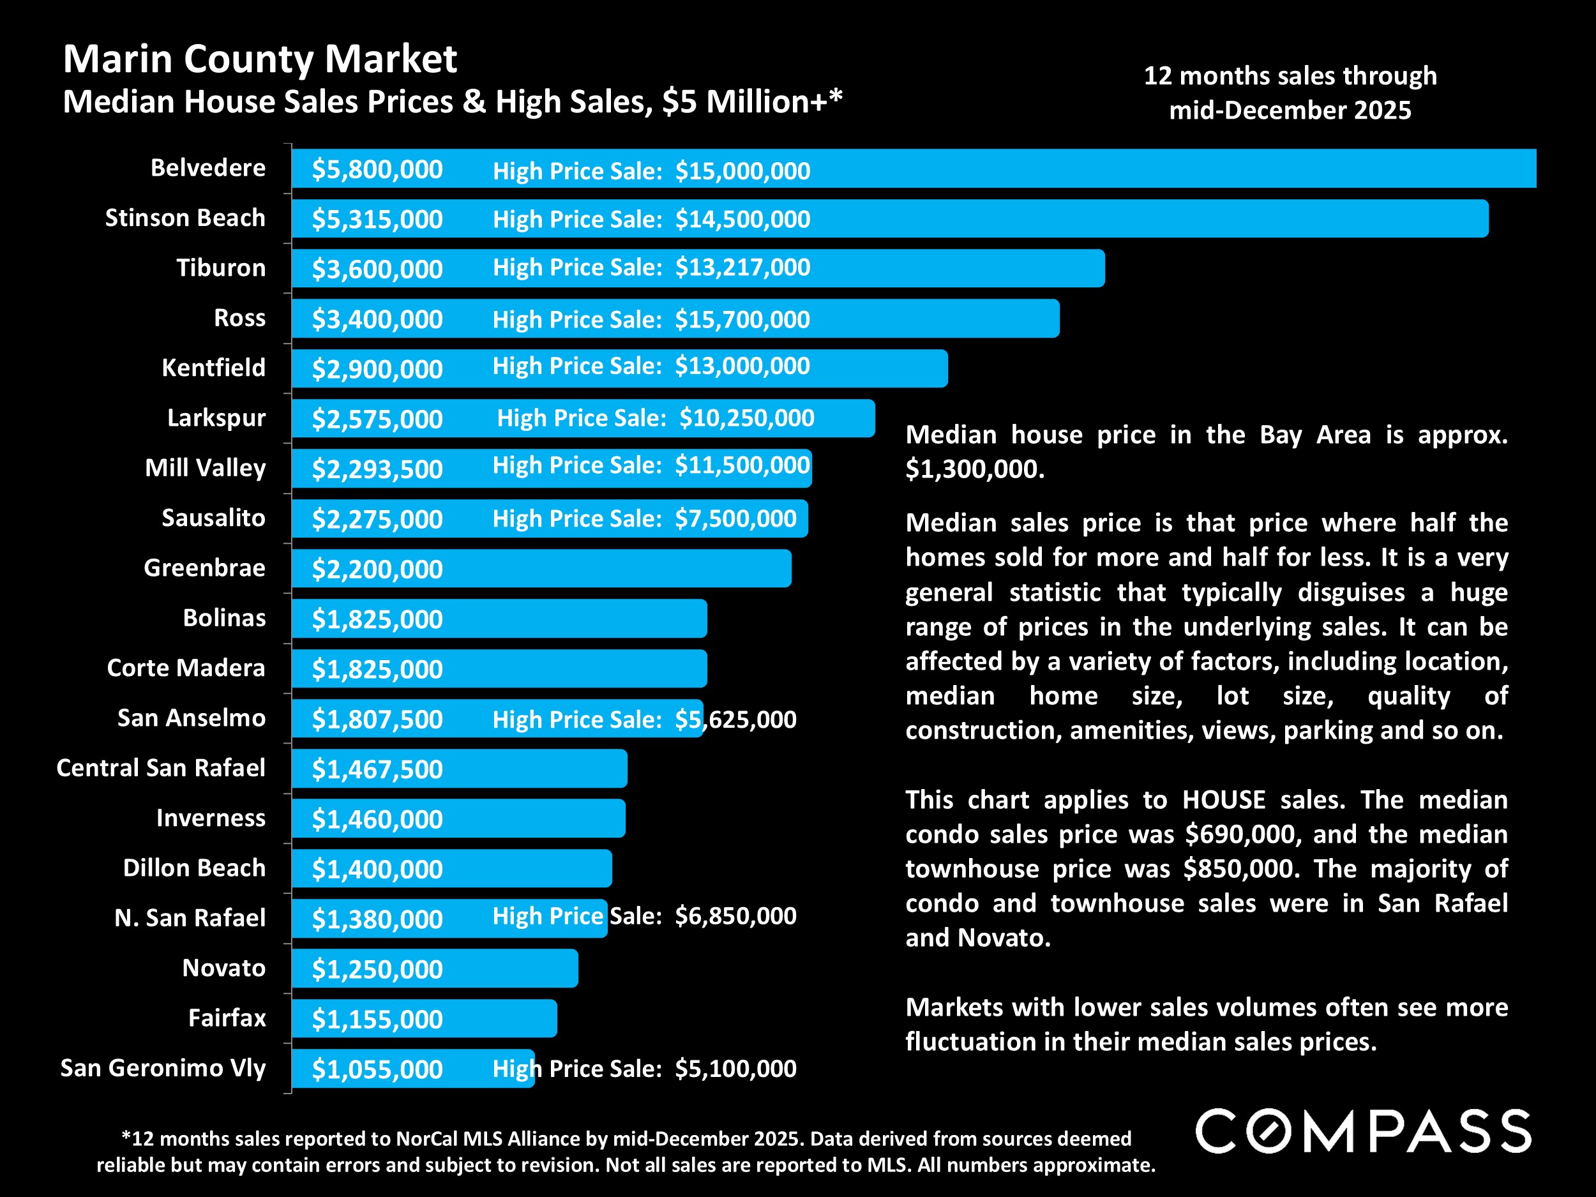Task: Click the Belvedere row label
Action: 207,168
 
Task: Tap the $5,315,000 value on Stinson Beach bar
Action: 377,220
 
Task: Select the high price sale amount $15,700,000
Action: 742,320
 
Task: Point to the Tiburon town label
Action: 221,267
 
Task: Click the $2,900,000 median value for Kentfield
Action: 377,370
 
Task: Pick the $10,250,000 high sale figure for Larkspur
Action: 747,418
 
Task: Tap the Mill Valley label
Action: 205,468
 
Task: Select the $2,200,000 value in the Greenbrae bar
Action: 377,569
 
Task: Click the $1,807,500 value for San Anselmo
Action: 377,719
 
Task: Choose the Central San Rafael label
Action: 161,768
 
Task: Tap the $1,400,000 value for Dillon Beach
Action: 377,870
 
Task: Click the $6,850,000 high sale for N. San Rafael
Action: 735,916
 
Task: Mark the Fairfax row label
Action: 227,1018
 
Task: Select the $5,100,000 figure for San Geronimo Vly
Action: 735,1069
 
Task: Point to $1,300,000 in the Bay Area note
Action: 974,470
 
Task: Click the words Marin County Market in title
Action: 260,59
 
